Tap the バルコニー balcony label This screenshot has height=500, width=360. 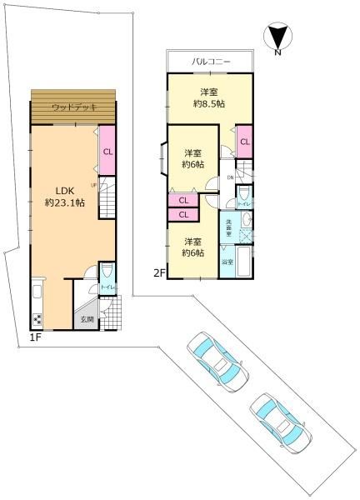(210, 62)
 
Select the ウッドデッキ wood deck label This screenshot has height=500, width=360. (75, 107)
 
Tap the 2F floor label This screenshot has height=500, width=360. (157, 272)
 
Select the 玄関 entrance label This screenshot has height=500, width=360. (86, 319)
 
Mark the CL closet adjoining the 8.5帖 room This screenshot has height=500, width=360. (245, 142)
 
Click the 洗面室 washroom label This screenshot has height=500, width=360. (227, 226)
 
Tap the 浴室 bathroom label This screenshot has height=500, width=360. (227, 262)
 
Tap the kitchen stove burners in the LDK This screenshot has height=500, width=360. (37, 318)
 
